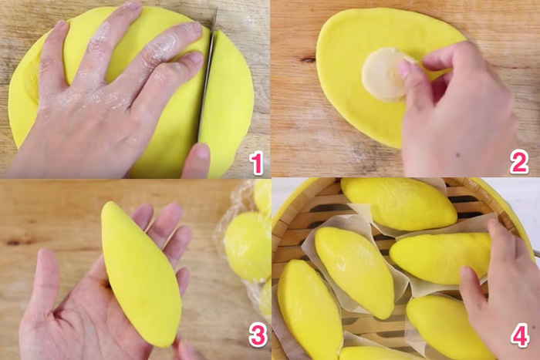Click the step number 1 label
coord(255,163)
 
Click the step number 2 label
coord(518,162)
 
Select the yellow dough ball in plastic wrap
coord(247,245)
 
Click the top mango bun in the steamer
coord(398,203)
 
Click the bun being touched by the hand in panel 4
coord(444,255)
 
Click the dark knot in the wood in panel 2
coord(308,59)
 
